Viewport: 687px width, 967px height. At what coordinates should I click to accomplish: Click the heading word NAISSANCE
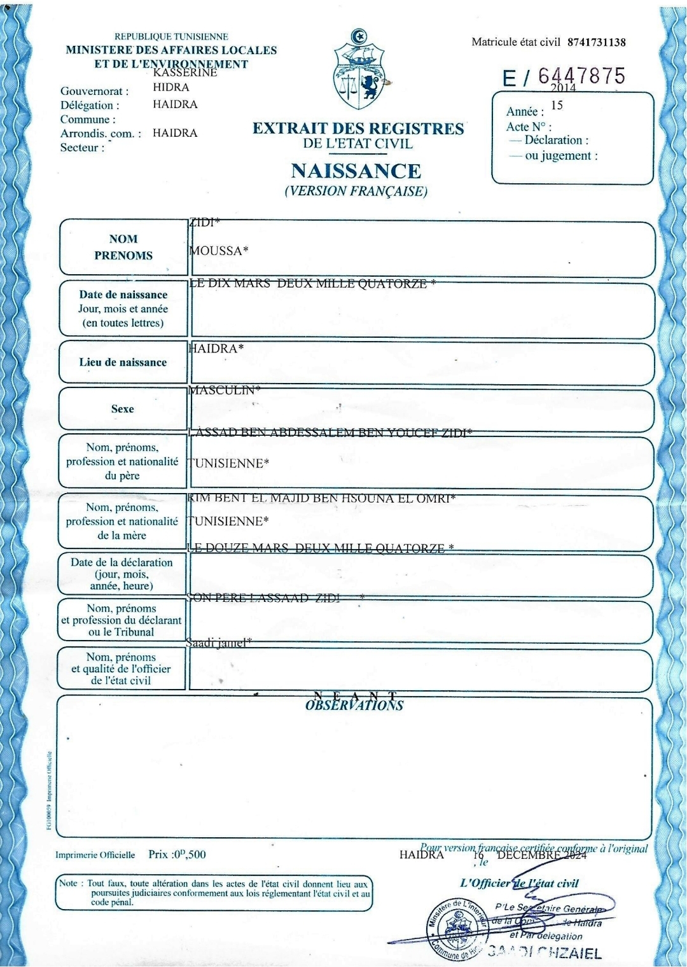[356, 171]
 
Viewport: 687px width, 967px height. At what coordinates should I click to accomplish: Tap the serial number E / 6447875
[564, 77]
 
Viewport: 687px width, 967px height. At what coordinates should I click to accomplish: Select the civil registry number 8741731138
[596, 43]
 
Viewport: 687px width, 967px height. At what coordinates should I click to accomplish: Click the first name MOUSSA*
[218, 251]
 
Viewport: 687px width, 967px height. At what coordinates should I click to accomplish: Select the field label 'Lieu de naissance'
[123, 363]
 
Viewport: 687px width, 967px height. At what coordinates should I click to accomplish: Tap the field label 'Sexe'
[122, 409]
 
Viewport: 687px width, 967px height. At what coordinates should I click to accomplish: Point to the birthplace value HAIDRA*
[216, 349]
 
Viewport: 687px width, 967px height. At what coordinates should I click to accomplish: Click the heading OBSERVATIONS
[354, 706]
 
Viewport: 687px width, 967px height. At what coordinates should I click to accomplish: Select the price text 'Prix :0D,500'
[177, 854]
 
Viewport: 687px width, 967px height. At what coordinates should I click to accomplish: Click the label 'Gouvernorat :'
[94, 91]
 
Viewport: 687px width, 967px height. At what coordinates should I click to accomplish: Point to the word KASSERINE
[185, 73]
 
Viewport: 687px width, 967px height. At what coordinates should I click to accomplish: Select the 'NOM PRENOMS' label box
[123, 247]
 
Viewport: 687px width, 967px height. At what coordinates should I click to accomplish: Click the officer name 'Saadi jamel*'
[219, 643]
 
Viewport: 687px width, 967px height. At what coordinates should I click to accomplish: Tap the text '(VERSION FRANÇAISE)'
[356, 191]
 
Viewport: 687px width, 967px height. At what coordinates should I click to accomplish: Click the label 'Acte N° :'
[529, 127]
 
